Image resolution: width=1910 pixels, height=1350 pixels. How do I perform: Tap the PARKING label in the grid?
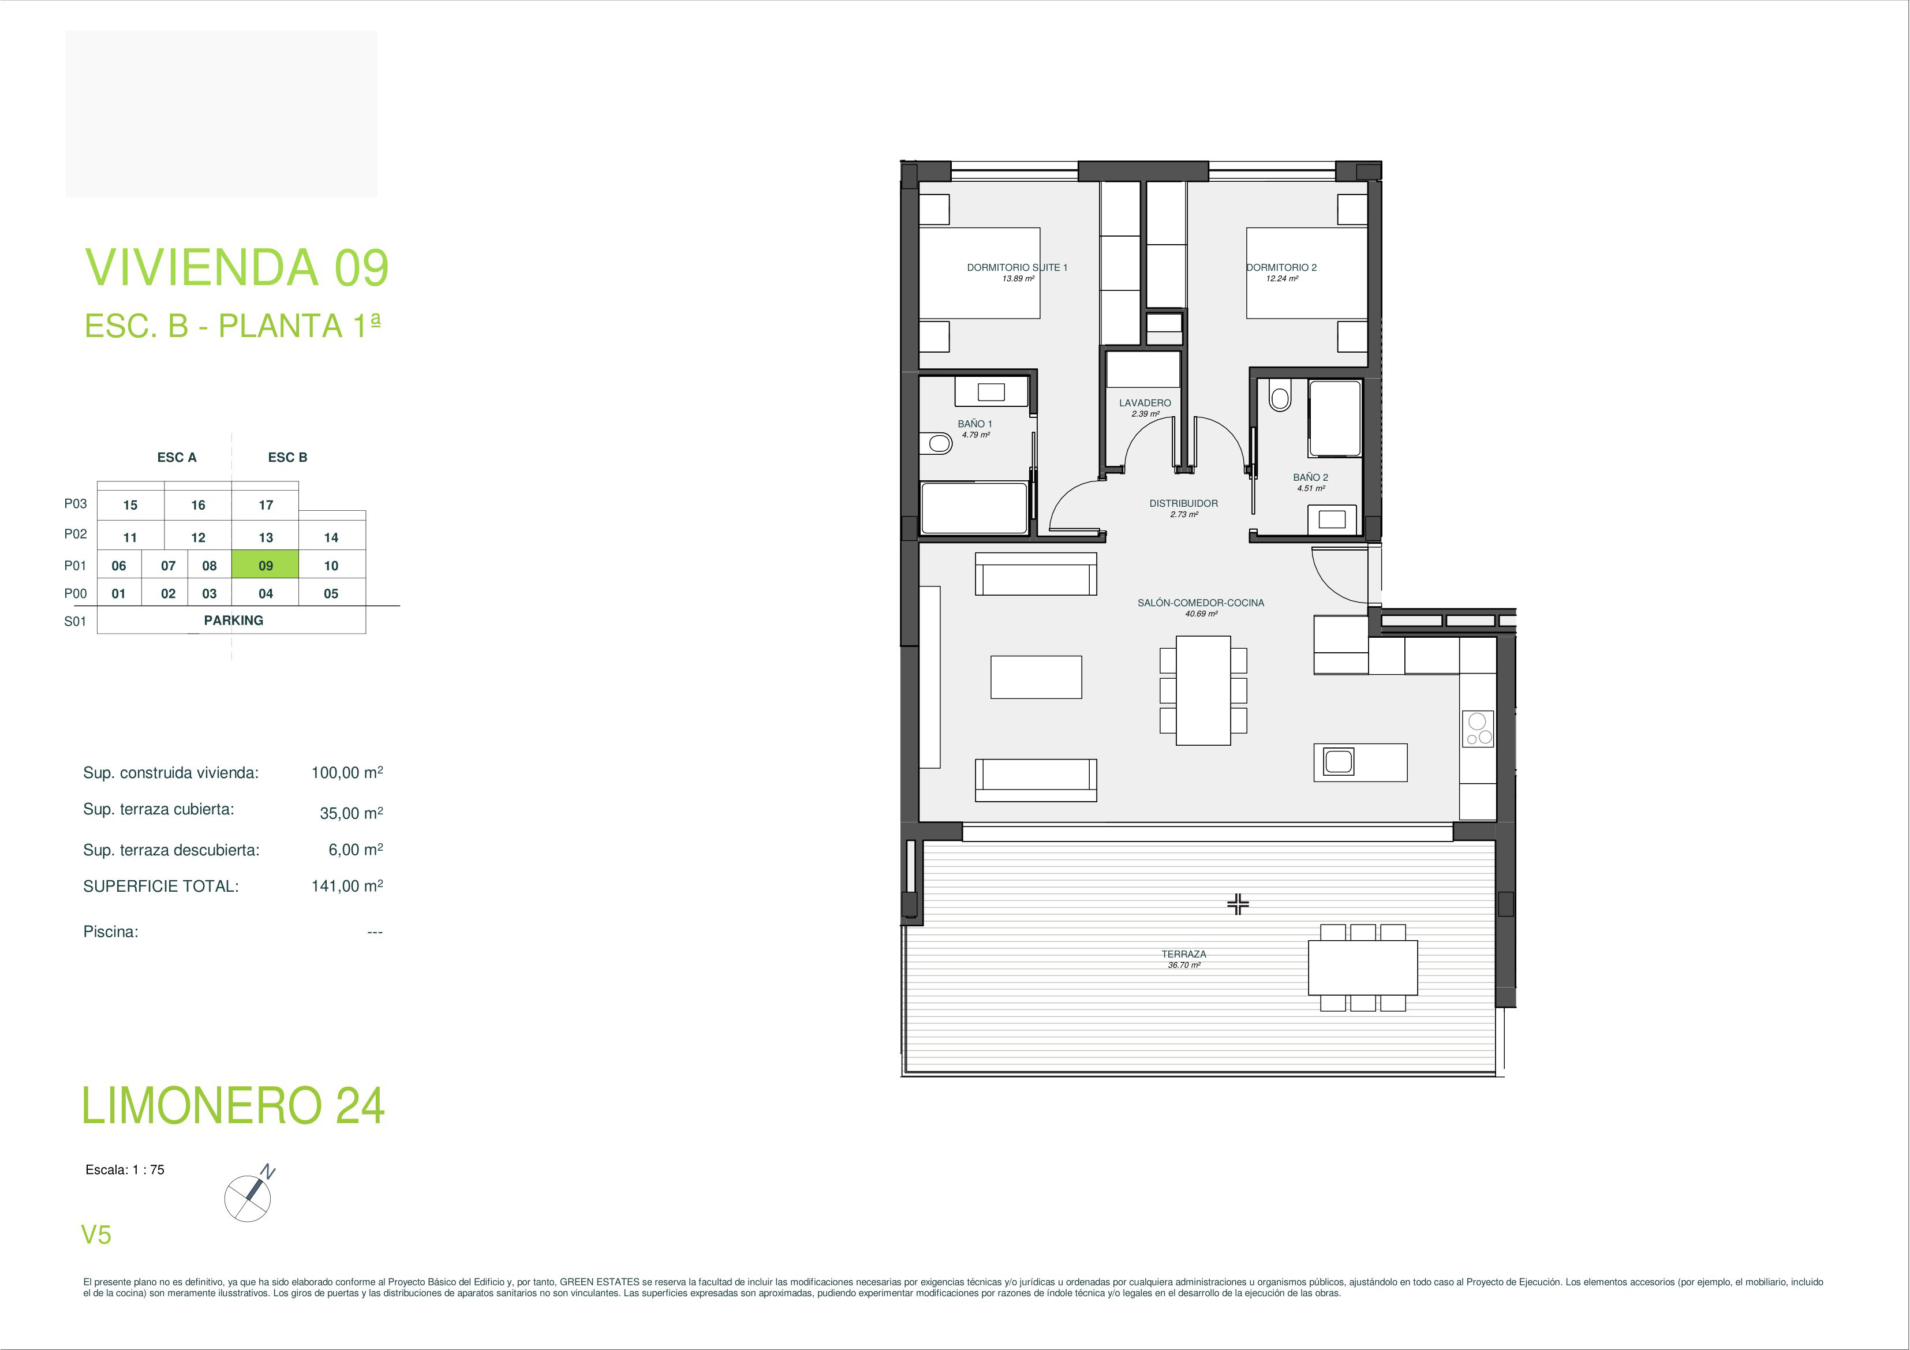pyautogui.click(x=233, y=620)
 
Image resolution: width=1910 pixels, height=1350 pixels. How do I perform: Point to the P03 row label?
pyautogui.click(x=75, y=503)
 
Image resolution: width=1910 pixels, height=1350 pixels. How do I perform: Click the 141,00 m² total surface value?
pyautogui.click(x=347, y=886)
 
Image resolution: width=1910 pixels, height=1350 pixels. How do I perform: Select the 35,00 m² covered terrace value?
pyautogui.click(x=351, y=813)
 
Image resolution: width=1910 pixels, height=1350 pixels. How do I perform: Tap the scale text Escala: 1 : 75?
pyautogui.click(x=125, y=1169)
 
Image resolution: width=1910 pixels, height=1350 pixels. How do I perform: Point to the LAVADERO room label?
pyautogui.click(x=1145, y=403)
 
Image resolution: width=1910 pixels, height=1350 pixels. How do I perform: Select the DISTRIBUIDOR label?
pyautogui.click(x=1183, y=503)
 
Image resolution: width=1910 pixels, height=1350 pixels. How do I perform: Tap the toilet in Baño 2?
pyautogui.click(x=1280, y=397)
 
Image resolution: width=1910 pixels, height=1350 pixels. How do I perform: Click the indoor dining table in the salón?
pyautogui.click(x=1203, y=690)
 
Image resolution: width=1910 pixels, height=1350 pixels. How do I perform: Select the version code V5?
pyautogui.click(x=96, y=1235)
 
